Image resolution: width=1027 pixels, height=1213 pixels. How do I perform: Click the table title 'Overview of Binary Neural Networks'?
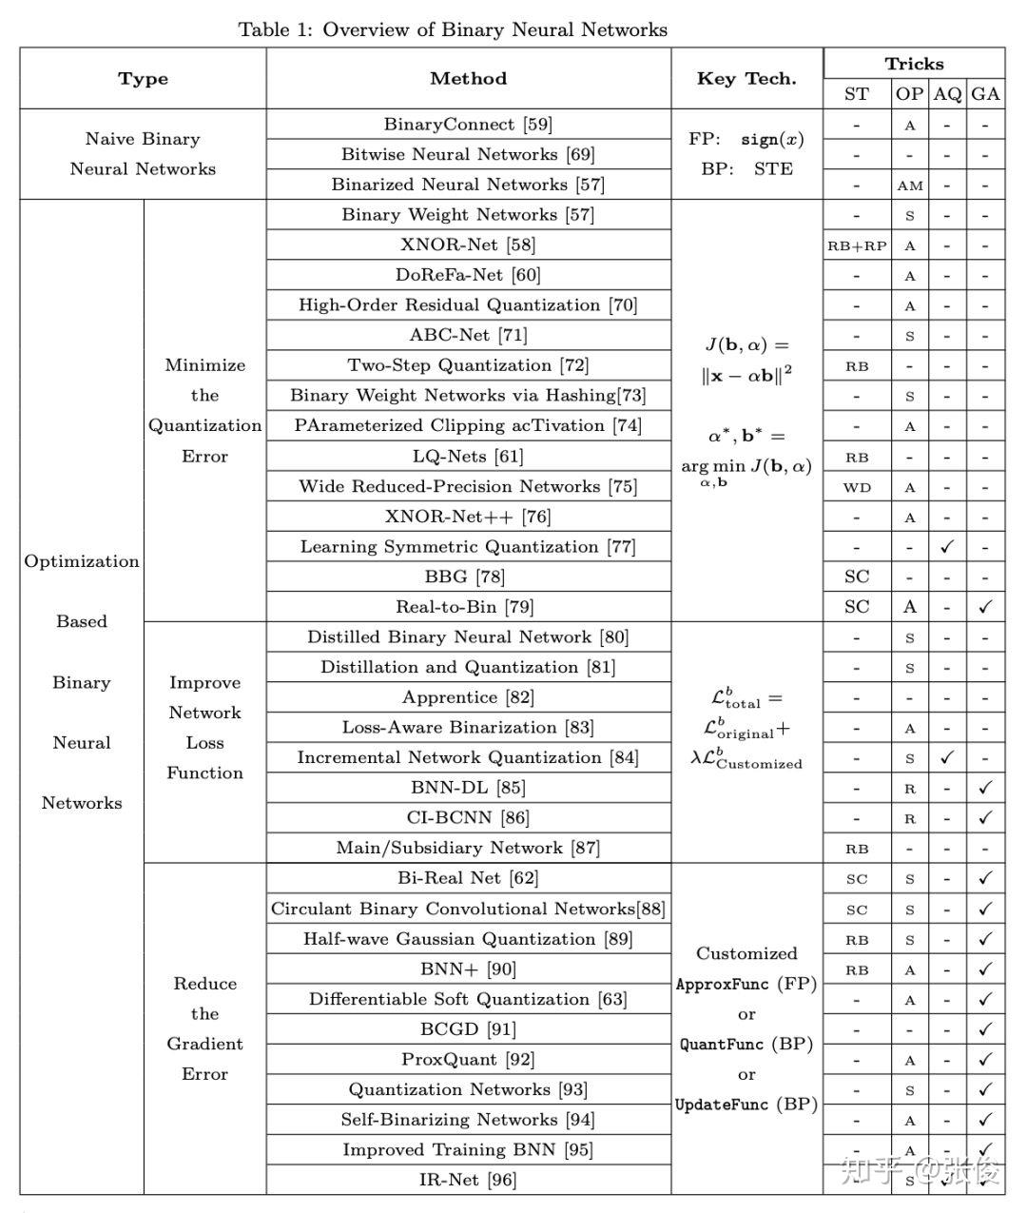(494, 29)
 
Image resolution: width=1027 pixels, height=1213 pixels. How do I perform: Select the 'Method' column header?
(468, 79)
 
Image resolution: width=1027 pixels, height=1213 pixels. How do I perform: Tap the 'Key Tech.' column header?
(746, 79)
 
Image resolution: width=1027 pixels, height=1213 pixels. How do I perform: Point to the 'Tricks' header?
(914, 64)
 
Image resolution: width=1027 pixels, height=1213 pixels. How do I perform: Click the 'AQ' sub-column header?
(947, 93)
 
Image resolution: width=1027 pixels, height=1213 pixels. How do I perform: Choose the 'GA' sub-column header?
(986, 93)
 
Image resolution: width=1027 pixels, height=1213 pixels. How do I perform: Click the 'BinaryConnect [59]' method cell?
(468, 125)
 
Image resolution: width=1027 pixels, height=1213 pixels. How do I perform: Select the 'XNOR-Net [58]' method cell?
(468, 245)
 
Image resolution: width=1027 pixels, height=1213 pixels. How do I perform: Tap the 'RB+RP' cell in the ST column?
(857, 245)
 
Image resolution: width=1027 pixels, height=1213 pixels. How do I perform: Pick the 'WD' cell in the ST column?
(857, 487)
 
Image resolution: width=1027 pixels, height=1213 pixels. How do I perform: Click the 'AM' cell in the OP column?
(910, 186)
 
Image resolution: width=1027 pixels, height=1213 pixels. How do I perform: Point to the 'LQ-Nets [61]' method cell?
(468, 457)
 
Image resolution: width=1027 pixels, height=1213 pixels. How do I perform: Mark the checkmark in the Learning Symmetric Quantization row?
(947, 547)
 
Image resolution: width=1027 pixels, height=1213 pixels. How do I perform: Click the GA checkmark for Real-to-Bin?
(986, 607)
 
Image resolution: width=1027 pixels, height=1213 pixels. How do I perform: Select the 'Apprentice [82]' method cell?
(468, 697)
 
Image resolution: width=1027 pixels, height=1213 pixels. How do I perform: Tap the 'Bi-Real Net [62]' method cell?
(468, 878)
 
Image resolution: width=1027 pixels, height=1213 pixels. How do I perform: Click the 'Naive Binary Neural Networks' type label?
(143, 154)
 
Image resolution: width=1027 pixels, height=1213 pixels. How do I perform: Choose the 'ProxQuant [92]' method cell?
(468, 1059)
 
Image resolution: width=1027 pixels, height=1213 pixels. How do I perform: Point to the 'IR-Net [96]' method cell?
(468, 1180)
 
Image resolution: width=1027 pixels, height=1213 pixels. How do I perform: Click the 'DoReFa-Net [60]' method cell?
(468, 276)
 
